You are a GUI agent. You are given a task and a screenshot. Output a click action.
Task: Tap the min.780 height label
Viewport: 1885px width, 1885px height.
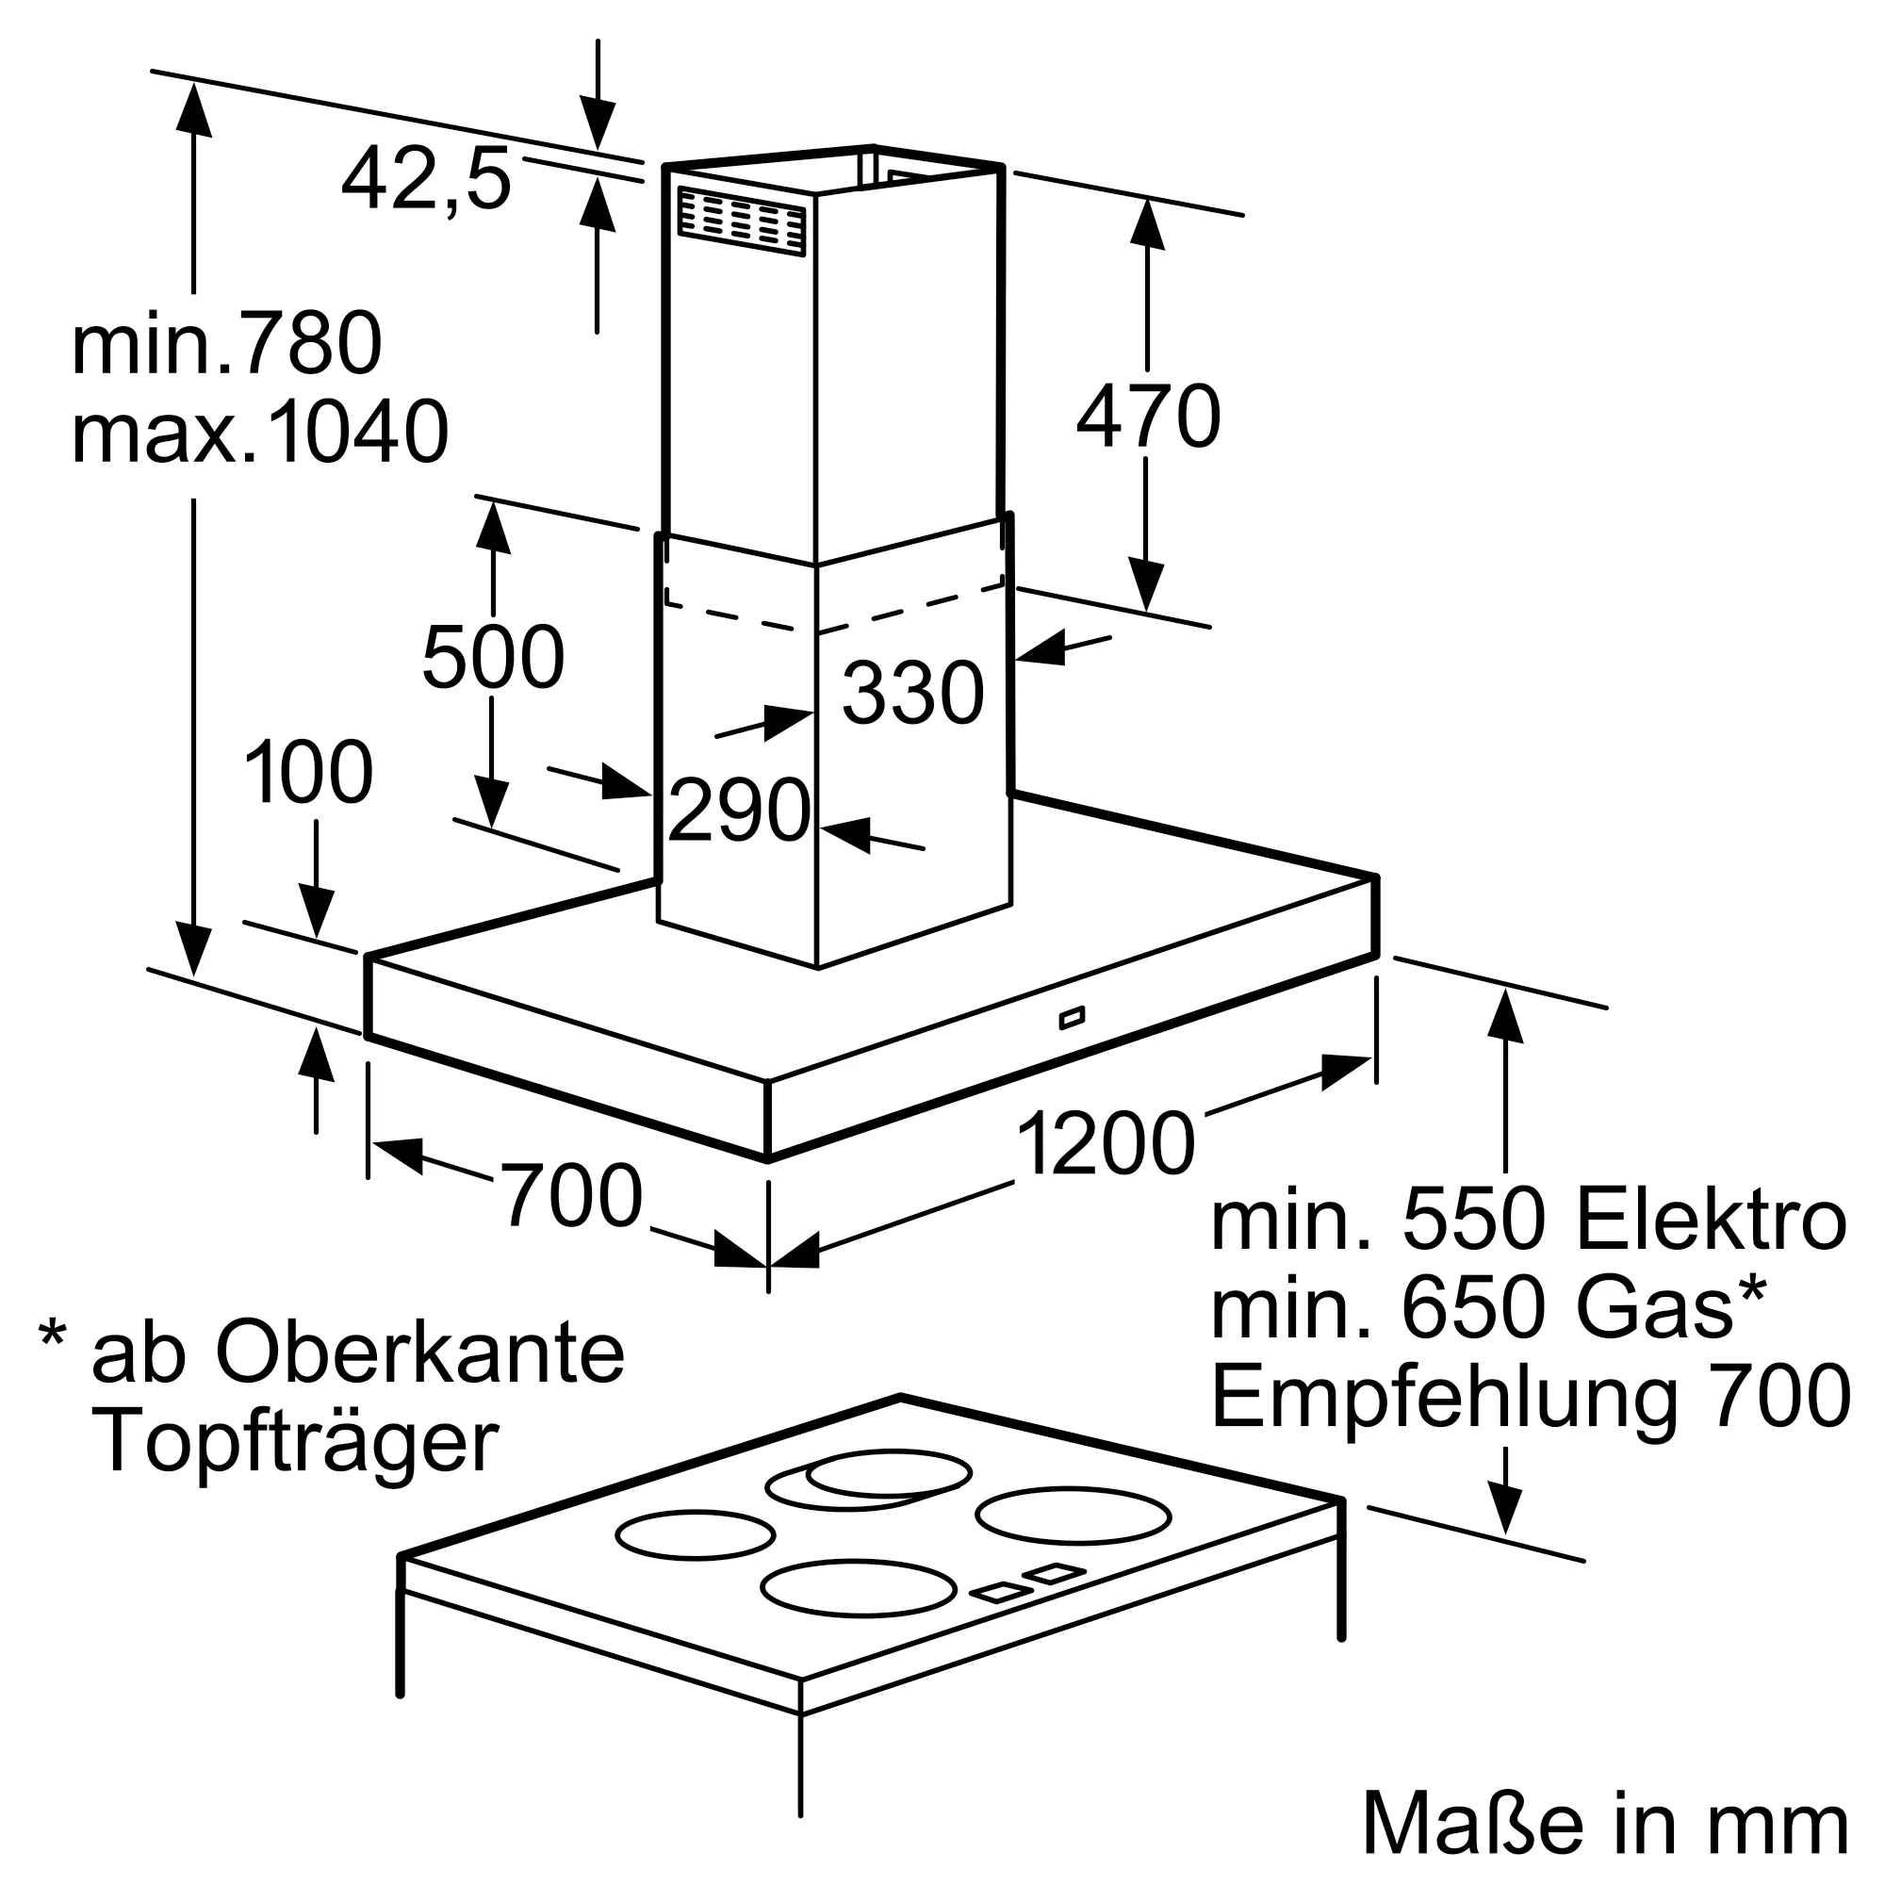click(x=226, y=343)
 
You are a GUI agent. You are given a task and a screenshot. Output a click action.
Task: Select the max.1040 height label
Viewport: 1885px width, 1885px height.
click(x=260, y=432)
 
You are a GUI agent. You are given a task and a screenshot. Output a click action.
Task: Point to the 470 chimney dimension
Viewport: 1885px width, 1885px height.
click(x=1148, y=417)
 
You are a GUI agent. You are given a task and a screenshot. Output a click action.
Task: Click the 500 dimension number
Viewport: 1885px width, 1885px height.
click(x=494, y=657)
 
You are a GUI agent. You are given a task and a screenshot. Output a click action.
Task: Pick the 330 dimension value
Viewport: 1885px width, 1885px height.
click(x=913, y=693)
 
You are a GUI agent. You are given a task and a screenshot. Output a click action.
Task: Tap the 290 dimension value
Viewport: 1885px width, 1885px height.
click(x=740, y=809)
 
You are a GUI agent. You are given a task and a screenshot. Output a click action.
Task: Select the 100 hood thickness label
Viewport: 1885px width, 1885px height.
click(x=308, y=773)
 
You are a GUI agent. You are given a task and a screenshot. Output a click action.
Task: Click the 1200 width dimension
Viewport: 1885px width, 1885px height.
click(x=1106, y=1144)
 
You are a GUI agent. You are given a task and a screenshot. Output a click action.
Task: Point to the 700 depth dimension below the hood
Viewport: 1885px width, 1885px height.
click(x=573, y=1195)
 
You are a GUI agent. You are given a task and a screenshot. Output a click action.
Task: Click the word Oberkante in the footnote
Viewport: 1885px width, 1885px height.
click(x=420, y=1352)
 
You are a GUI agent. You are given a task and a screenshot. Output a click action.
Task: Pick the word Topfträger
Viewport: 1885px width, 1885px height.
click(x=295, y=1442)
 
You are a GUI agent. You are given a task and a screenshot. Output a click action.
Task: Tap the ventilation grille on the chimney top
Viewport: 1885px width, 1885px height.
click(x=743, y=222)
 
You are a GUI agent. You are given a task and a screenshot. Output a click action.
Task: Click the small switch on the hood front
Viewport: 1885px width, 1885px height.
click(x=1072, y=1019)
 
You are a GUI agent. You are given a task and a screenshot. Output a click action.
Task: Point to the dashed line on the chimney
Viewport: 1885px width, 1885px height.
click(x=834, y=611)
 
